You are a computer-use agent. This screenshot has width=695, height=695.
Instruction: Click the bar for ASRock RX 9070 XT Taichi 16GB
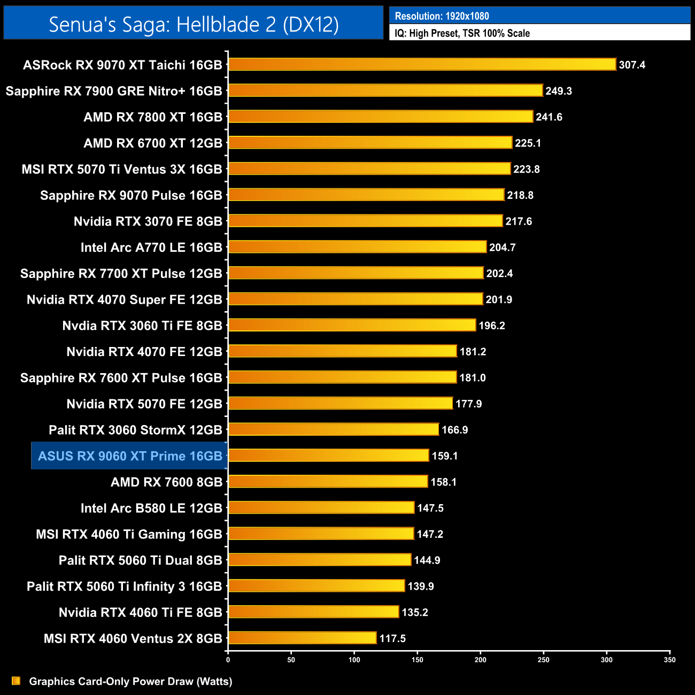422,65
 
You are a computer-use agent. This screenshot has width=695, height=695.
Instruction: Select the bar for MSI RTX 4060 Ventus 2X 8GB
303,638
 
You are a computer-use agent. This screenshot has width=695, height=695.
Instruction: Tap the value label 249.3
559,91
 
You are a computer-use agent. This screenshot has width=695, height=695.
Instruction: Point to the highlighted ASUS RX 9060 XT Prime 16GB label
130,456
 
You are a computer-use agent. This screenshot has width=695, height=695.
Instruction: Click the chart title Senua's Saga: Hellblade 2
194,24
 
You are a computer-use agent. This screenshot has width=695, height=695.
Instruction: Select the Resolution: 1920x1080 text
442,16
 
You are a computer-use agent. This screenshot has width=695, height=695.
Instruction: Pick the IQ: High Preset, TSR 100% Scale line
462,33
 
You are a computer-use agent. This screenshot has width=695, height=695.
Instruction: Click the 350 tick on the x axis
670,660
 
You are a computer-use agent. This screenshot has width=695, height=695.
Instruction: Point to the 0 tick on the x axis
228,660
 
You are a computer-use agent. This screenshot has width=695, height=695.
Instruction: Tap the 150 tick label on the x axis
418,660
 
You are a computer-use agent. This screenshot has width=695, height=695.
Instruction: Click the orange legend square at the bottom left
16,681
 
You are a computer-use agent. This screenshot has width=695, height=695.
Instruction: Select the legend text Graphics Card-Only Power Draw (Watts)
130,682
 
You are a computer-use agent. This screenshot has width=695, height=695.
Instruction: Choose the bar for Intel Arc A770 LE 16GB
357,247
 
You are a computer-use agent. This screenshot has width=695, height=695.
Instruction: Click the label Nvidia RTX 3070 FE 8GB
148,221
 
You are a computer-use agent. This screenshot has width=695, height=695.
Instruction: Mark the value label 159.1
445,456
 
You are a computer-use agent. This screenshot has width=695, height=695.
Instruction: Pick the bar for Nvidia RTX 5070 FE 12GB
341,404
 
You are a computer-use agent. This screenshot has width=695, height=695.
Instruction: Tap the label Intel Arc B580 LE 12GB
151,508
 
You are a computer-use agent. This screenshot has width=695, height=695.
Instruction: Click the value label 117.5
392,638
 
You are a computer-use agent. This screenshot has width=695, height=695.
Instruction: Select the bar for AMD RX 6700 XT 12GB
370,143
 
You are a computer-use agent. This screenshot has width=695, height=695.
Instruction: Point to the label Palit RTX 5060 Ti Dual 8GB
140,560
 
